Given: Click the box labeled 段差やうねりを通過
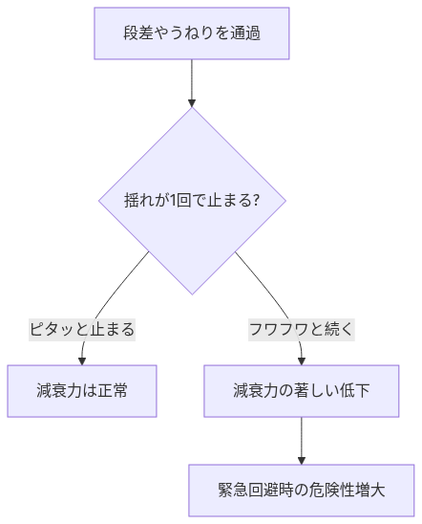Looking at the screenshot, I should coord(192,33).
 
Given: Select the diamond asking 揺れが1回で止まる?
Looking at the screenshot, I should coord(192,201).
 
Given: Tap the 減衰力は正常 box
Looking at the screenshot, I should coord(82,390).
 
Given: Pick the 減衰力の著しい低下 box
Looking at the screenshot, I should coord(302,390).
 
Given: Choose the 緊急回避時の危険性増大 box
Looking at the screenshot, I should coord(302,490).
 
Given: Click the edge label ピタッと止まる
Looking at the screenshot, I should coord(82,330).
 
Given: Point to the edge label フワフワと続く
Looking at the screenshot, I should coord(302,330).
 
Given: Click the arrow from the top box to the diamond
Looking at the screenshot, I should coord(192,82).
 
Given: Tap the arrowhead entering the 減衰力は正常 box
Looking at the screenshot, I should coord(82,360).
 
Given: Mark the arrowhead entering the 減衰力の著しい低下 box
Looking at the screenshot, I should coord(302,360).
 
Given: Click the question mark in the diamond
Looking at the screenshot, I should coord(255,201).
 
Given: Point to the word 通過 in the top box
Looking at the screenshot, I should coord(245,33).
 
